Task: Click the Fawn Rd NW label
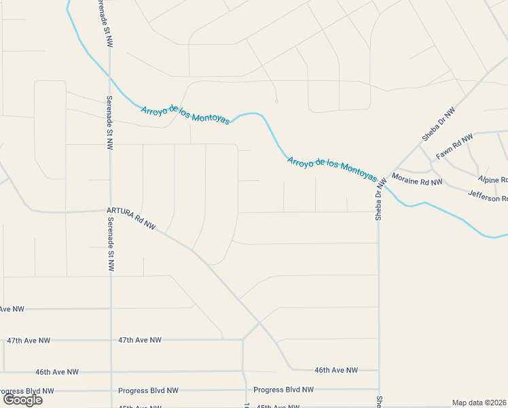pyautogui.click(x=454, y=147)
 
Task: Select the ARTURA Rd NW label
pyautogui.click(x=131, y=218)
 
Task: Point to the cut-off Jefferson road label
pyautogui.click(x=488, y=197)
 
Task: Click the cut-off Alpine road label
pyautogui.click(x=492, y=180)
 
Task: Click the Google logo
pyautogui.click(x=22, y=399)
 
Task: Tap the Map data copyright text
pyautogui.click(x=479, y=403)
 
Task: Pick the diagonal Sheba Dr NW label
pyautogui.click(x=438, y=124)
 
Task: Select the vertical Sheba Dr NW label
pyautogui.click(x=380, y=199)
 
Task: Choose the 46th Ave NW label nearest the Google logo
pyautogui.click(x=57, y=372)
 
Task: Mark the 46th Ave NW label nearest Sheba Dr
pyautogui.click(x=335, y=370)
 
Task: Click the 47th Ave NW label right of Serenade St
pyautogui.click(x=140, y=339)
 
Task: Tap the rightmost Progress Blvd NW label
pyautogui.click(x=283, y=390)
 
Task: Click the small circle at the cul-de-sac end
pyautogui.click(x=276, y=101)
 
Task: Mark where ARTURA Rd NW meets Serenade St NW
pyautogui.click(x=110, y=210)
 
